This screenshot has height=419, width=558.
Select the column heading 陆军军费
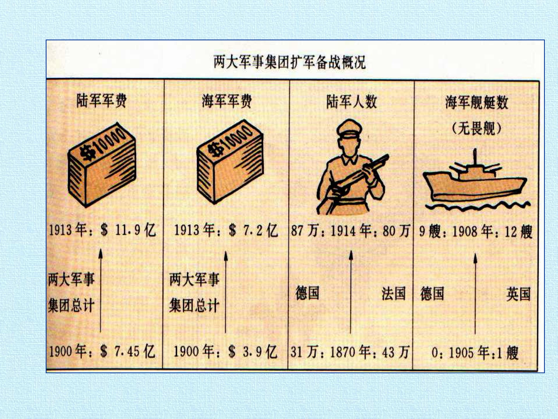point(101,101)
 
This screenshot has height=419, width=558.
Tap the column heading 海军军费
point(227,101)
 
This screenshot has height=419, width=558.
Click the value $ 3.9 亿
point(253,351)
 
